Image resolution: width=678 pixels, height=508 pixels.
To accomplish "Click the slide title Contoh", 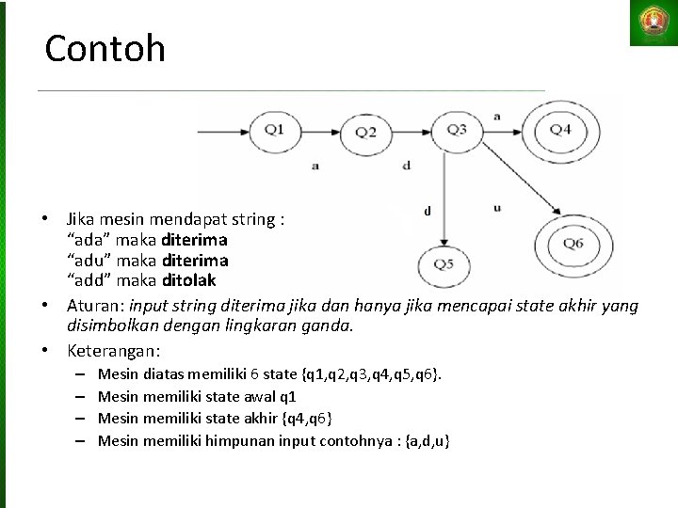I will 105,48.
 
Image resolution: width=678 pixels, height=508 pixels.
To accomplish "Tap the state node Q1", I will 274,130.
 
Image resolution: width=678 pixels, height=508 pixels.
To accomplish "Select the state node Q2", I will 365,133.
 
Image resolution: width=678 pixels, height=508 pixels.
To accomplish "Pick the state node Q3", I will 456,130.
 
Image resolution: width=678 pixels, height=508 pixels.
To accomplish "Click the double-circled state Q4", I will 560,130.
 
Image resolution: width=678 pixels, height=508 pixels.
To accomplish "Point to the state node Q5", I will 444,262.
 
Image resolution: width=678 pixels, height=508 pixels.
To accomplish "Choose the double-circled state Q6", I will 573,244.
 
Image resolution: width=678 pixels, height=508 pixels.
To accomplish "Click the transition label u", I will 496,208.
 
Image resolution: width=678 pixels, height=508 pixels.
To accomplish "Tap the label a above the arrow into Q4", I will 496,115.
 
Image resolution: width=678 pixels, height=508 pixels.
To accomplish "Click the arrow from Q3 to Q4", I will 500,130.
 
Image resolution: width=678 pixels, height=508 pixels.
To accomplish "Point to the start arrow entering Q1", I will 223,130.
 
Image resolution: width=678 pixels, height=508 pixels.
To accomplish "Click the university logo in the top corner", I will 652,24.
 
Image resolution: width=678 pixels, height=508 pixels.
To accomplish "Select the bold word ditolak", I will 188,279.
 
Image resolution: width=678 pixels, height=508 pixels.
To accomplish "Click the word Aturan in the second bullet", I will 95,306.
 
